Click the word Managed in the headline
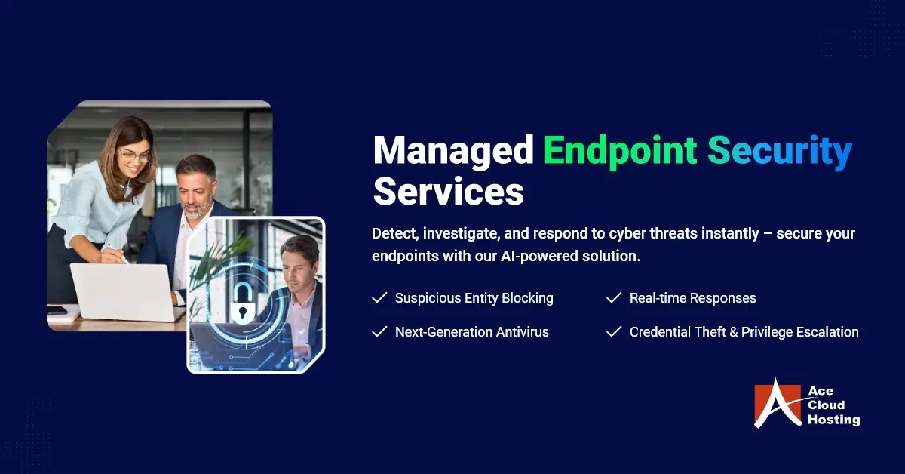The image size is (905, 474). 453,151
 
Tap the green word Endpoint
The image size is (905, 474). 620,151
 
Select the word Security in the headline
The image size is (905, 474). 779,151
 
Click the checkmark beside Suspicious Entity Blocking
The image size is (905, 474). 379,298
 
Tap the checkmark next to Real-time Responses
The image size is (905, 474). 614,298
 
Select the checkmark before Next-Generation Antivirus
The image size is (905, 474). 379,331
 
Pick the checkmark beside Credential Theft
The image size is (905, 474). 614,331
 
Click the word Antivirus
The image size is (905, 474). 523,331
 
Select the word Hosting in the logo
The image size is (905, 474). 833,420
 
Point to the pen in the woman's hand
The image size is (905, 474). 119,255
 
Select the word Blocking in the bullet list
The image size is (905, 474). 527,298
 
